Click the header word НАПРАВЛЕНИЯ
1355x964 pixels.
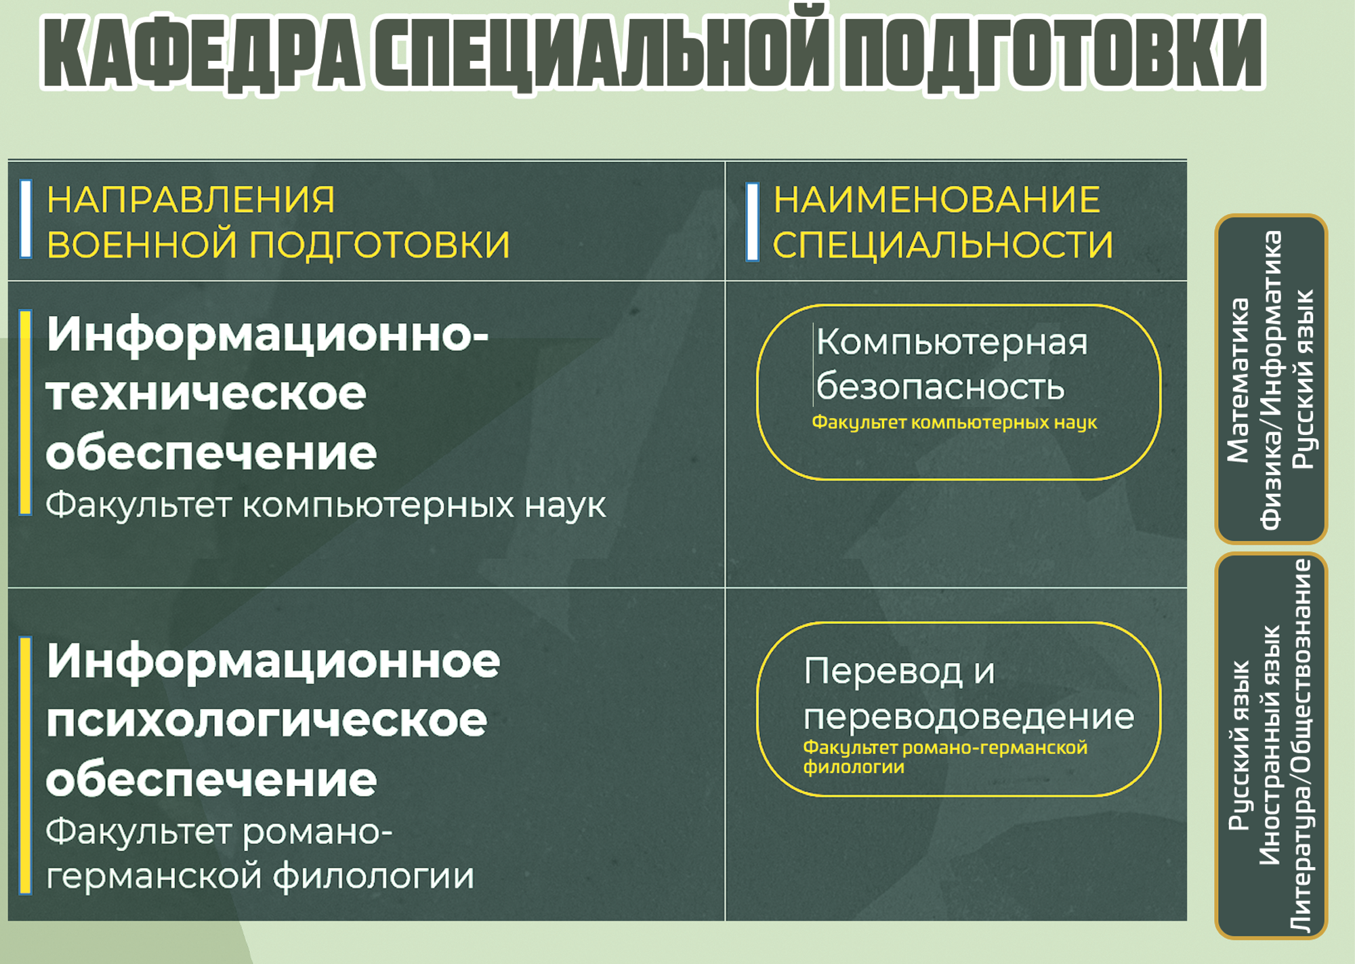pos(190,200)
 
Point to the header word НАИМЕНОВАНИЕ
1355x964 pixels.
pos(937,200)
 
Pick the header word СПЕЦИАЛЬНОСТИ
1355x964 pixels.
pos(943,245)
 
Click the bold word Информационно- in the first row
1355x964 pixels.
pos(268,335)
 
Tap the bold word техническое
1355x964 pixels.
pos(206,394)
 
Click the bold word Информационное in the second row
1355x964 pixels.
pos(273,662)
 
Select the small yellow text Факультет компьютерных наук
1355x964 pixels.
pos(954,423)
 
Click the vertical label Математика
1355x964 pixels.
pos(1238,381)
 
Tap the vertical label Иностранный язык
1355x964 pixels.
pos(1270,745)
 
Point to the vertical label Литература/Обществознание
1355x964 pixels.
pos(1301,746)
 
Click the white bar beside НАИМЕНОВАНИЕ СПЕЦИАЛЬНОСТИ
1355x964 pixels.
pos(752,222)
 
